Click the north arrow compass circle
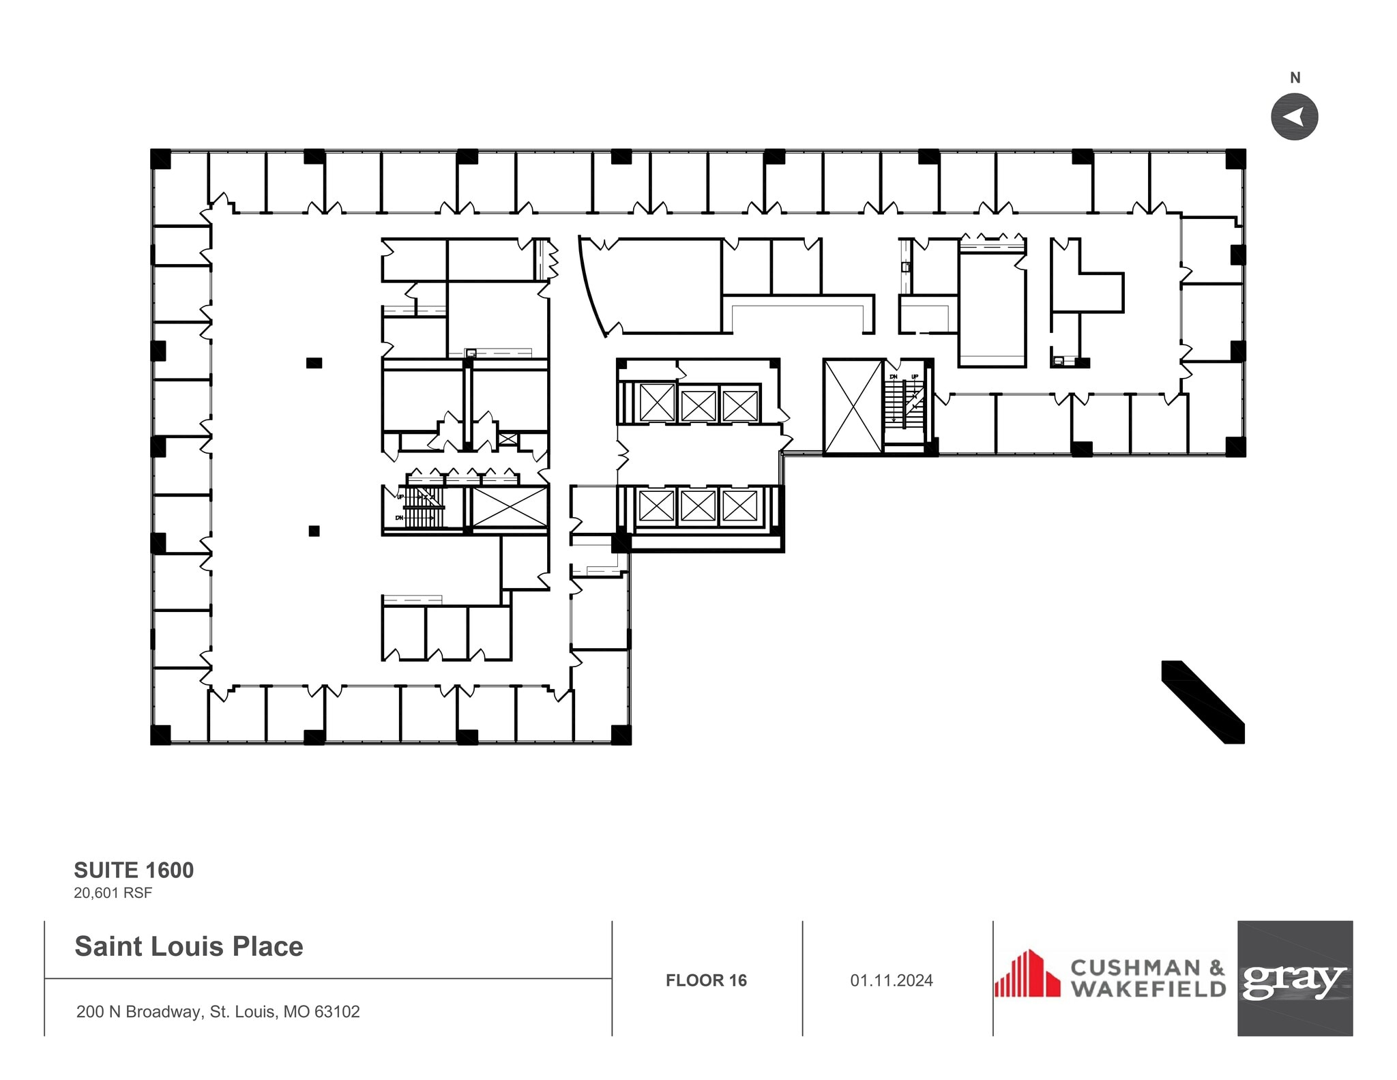pos(1293,117)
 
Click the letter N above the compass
pos(1295,78)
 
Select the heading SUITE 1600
pos(134,870)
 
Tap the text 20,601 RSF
pos(113,892)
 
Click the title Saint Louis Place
pos(189,946)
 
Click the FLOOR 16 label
pos(706,980)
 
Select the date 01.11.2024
pos(891,980)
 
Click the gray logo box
pos(1294,978)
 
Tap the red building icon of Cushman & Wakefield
pos(1027,974)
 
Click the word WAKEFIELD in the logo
pos(1148,989)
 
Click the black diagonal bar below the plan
pos(1204,702)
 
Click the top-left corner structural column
pos(160,158)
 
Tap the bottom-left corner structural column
pos(160,735)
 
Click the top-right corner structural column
pos(1235,158)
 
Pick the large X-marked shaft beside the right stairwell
pos(853,407)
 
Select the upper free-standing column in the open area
pos(314,363)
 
